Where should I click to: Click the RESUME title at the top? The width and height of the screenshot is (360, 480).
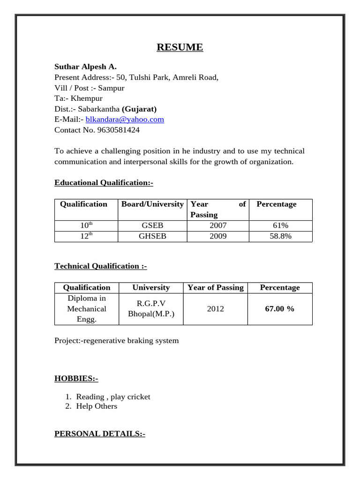(180, 47)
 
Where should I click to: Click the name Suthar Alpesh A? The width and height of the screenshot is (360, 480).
(85, 67)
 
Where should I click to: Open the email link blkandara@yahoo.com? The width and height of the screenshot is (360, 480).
(125, 120)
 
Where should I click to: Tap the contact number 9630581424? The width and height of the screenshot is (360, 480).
(118, 130)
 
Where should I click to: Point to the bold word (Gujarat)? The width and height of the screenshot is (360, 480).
(139, 109)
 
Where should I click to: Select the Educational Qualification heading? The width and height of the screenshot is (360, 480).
(104, 182)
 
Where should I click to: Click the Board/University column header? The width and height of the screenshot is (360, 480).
(152, 204)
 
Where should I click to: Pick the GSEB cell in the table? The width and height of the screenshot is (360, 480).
(152, 225)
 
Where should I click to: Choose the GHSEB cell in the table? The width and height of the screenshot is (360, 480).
(152, 236)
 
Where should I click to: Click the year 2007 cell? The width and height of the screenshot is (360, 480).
(218, 225)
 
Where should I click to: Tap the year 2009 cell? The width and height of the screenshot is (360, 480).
(218, 236)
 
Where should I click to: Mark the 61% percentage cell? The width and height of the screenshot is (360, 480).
(280, 225)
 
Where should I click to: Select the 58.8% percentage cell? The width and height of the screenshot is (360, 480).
(280, 236)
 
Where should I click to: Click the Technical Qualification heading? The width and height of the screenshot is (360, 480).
(100, 266)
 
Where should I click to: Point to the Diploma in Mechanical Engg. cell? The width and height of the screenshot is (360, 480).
(87, 309)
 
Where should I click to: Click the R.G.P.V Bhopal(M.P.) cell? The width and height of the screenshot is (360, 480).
(151, 309)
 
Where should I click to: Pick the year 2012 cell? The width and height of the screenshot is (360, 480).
(215, 309)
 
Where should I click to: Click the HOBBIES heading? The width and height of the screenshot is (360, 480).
(76, 378)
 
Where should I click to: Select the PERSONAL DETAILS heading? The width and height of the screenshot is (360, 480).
(100, 434)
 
